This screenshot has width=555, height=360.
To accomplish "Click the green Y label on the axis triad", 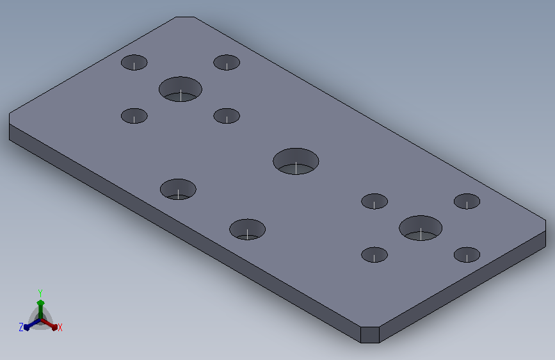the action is pyautogui.click(x=40, y=293).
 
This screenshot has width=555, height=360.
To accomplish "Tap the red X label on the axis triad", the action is pyautogui.click(x=60, y=327).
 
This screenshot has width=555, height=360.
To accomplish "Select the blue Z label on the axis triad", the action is pyautogui.click(x=21, y=327).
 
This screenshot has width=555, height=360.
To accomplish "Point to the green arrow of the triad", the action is pyautogui.click(x=40, y=309).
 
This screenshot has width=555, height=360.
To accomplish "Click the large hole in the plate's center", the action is pyautogui.click(x=296, y=161).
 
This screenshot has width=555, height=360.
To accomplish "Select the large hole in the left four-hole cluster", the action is pyautogui.click(x=181, y=89).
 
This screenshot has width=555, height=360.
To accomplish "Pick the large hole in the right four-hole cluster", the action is pyautogui.click(x=421, y=228).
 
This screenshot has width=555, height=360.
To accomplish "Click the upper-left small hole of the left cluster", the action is pyautogui.click(x=134, y=62).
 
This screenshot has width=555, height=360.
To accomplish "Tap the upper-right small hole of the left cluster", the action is pyautogui.click(x=227, y=62).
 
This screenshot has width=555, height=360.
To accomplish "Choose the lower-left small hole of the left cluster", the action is pyautogui.click(x=134, y=116).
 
